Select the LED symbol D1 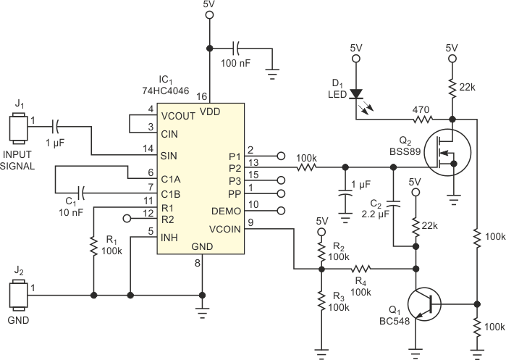pyautogui.click(x=356, y=94)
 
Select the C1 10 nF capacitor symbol pyautogui.click(x=82, y=193)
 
